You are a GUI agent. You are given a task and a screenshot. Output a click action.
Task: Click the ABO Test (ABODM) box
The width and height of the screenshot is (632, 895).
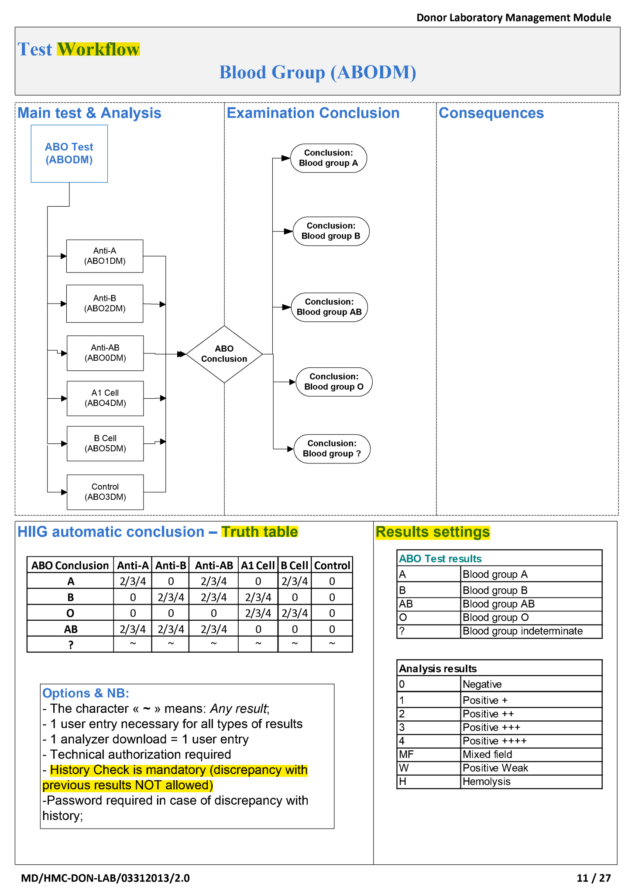(x=69, y=153)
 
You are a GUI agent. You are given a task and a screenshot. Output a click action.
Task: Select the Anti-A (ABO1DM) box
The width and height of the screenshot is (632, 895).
(x=105, y=256)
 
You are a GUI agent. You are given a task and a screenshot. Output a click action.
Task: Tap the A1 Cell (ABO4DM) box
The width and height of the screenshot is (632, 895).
(x=105, y=398)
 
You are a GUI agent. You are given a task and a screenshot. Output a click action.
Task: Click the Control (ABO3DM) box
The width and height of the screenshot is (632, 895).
(x=105, y=492)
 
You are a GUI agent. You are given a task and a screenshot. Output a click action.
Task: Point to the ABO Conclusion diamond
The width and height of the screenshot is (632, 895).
(x=224, y=354)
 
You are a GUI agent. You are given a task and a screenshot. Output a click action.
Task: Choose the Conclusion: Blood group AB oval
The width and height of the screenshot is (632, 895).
(x=329, y=307)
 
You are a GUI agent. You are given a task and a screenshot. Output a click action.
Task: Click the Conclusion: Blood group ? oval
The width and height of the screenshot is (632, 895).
(x=332, y=449)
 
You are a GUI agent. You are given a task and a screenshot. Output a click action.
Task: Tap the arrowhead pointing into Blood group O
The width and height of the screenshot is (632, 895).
(x=292, y=382)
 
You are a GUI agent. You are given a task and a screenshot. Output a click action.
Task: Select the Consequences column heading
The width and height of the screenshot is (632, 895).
(x=491, y=113)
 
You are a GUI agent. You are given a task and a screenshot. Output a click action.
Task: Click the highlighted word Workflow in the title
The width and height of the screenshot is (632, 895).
(x=98, y=49)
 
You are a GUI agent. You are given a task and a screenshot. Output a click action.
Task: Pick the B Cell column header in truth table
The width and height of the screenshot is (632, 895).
(x=294, y=566)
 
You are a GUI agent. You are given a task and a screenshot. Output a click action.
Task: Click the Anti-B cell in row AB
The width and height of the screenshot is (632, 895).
(x=171, y=629)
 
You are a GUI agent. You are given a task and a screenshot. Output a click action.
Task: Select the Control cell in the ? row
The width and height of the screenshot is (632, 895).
(x=332, y=644)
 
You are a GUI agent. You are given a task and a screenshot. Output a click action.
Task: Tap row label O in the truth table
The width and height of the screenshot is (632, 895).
(x=70, y=613)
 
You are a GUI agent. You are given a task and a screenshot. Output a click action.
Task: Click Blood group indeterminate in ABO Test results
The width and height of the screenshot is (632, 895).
(x=522, y=631)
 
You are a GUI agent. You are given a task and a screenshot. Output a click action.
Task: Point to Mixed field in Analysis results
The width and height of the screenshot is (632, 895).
(x=487, y=754)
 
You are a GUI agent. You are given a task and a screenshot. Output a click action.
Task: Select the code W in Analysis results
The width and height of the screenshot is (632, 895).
(x=404, y=768)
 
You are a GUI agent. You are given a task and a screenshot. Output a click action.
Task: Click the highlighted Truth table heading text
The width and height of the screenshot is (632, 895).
(x=259, y=532)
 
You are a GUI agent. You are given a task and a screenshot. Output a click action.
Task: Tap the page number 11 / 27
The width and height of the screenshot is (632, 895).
(x=593, y=878)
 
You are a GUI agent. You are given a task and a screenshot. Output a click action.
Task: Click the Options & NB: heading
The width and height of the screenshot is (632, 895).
(x=86, y=693)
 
